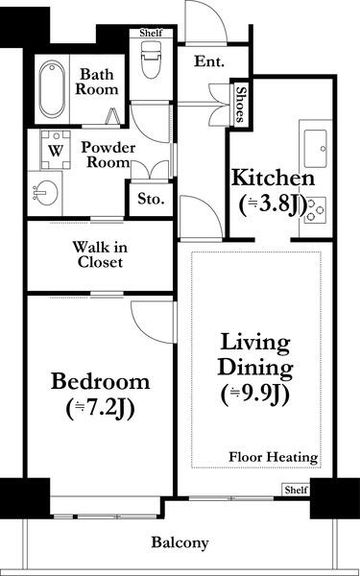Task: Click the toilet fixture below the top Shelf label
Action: pos(151,59)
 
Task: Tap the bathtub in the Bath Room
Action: pos(52,89)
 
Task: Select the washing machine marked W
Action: pos(56,150)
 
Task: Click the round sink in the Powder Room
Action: pos(45,193)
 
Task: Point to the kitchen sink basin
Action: pos(315,149)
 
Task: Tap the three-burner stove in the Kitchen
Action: pos(315,210)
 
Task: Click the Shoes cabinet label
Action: pos(240,104)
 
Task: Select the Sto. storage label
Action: pos(151,199)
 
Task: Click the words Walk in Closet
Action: pos(100,254)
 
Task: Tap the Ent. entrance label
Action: pos(209,61)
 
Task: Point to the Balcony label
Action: pos(180,542)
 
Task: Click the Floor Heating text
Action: pos(274,457)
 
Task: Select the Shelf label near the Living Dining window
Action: pos(296,490)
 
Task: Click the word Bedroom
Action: pos(100,381)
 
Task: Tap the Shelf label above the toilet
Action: pos(151,33)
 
